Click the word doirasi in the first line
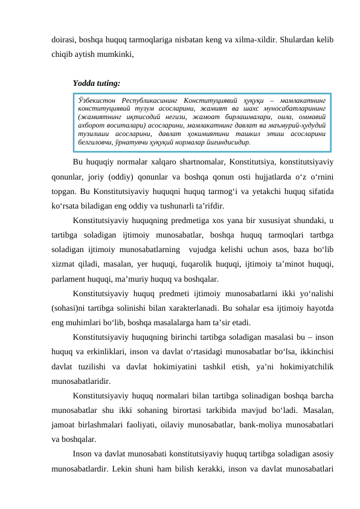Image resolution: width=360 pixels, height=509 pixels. (x=63, y=39)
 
